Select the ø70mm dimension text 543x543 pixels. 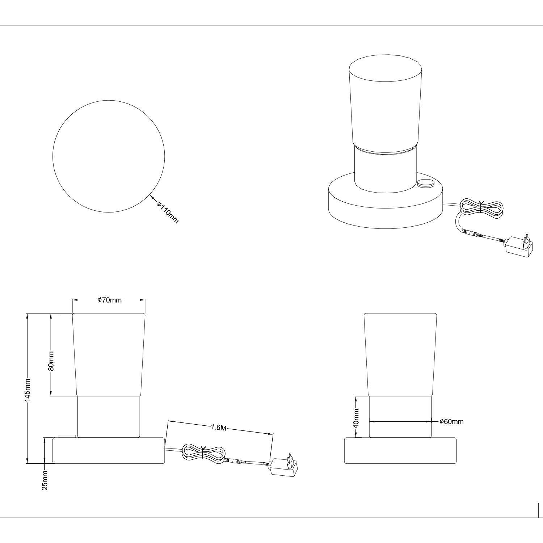(x=109, y=300)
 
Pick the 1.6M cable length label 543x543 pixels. (x=219, y=428)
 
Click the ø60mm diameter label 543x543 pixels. (x=451, y=421)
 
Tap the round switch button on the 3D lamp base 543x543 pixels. (x=426, y=183)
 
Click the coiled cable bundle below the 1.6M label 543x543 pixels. (x=203, y=453)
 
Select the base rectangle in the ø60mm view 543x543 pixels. (x=400, y=451)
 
